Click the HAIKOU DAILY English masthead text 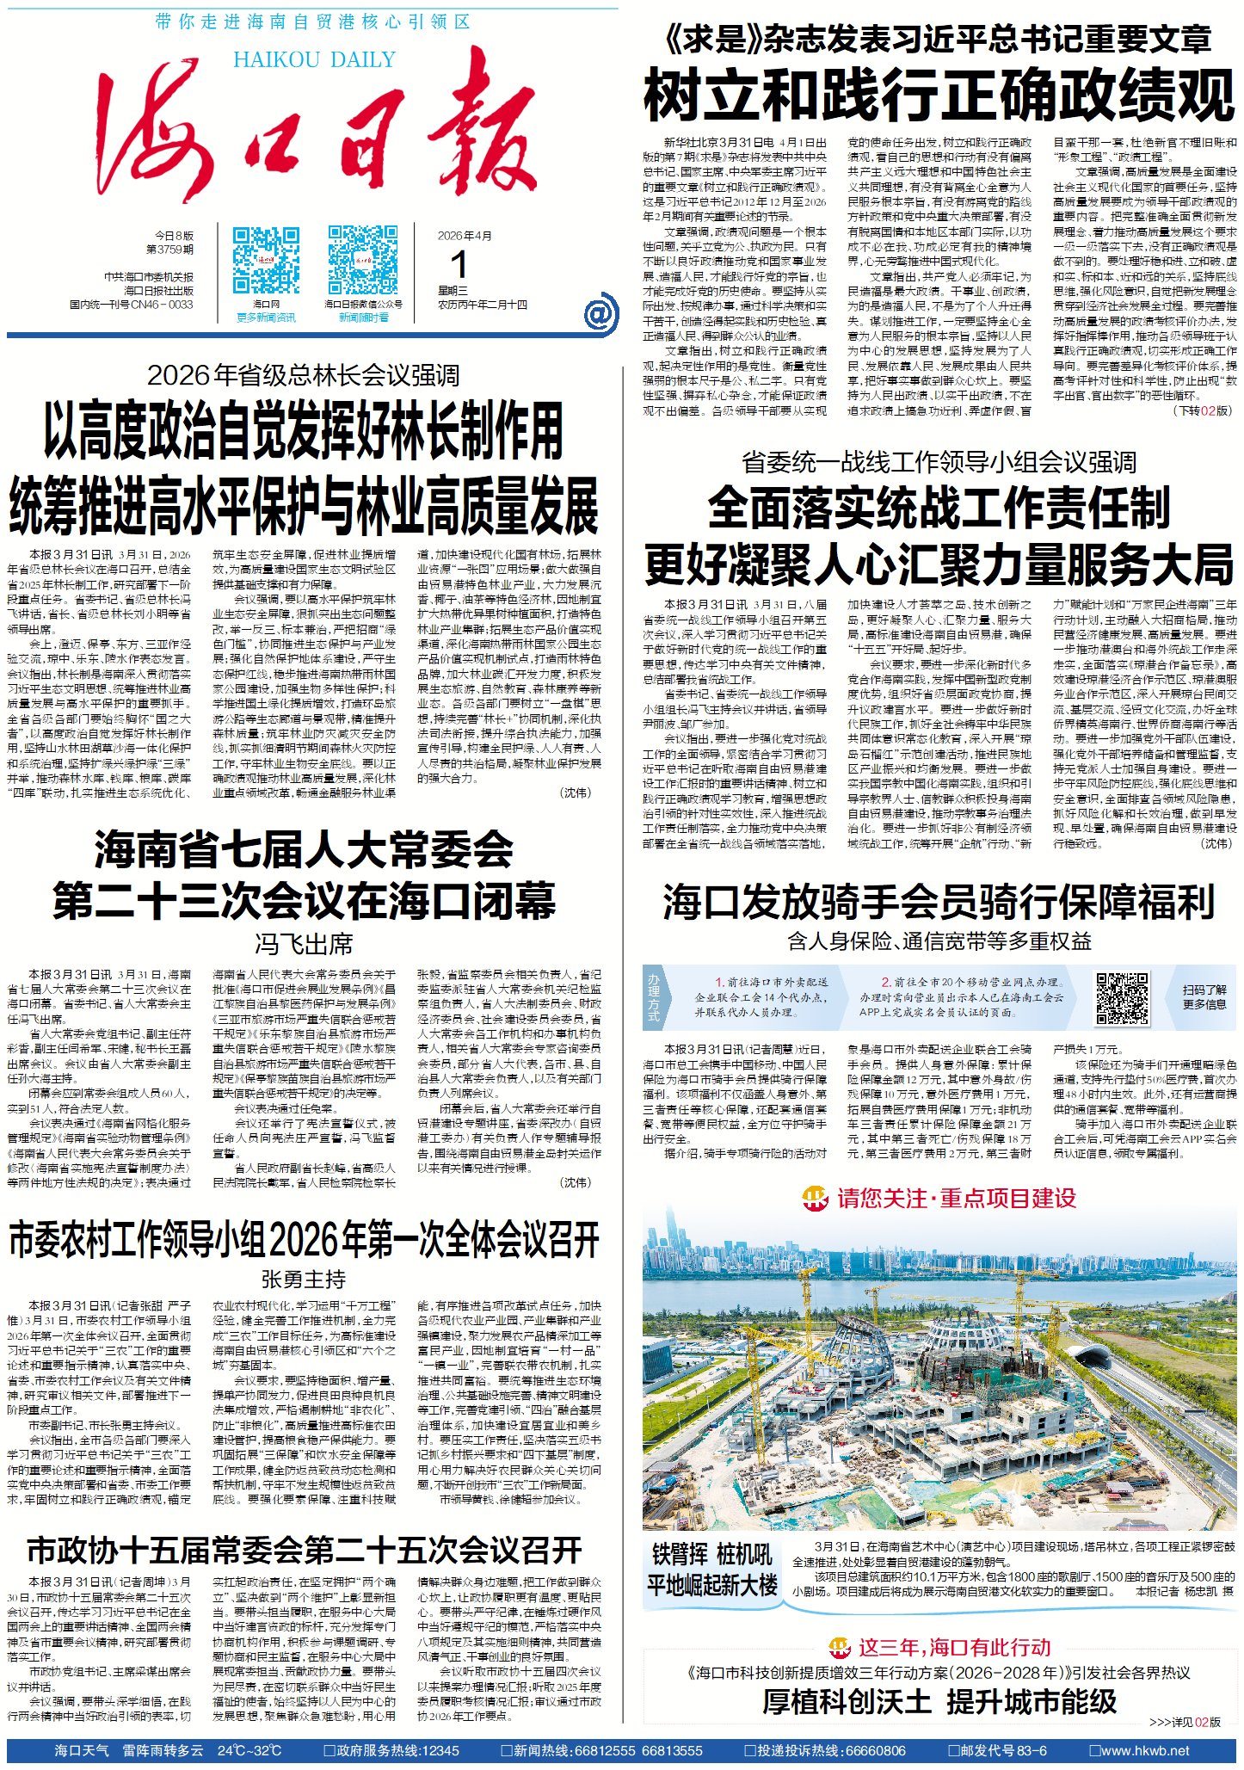[314, 60]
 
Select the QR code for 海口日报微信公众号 [363, 261]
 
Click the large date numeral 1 [459, 263]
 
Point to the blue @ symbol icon [600, 312]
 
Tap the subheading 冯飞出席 [304, 944]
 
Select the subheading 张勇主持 [304, 1280]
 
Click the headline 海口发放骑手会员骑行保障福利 [939, 901]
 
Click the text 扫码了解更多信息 [1204, 997]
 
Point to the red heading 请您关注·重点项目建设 [956, 1199]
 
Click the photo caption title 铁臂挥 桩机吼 [712, 1555]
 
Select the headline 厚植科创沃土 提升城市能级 [939, 1701]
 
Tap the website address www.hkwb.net [1144, 1750]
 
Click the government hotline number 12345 [441, 1750]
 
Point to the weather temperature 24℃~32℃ [249, 1750]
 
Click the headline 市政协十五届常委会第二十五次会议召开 [304, 1551]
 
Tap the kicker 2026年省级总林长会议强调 [303, 375]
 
